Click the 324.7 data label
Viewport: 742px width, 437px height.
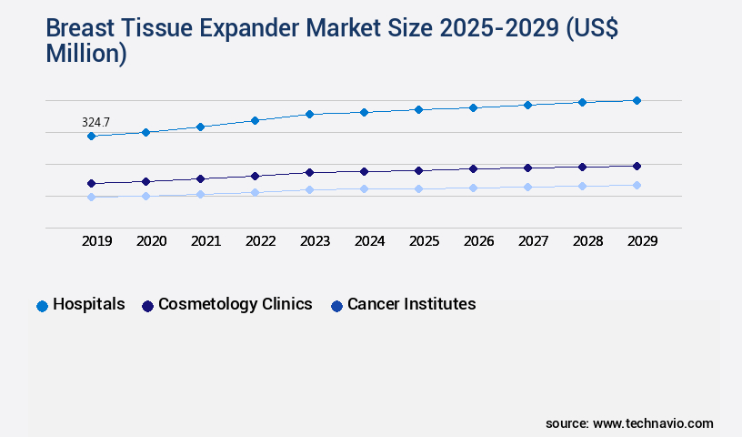coord(95,121)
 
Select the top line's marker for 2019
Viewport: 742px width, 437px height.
coord(91,136)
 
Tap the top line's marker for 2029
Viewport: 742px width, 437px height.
coord(637,100)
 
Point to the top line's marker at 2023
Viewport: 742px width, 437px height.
coord(309,114)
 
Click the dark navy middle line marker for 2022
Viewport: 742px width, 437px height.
coord(255,176)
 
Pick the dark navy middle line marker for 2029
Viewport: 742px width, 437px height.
coord(637,166)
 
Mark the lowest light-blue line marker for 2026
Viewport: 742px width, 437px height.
coord(473,188)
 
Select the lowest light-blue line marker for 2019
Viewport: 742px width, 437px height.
coord(91,197)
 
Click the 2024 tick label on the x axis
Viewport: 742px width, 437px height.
coord(369,241)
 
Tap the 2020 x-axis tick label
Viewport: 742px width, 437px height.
coord(151,241)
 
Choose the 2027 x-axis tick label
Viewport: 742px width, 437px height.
coord(533,241)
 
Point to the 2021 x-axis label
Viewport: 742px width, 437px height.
coord(206,241)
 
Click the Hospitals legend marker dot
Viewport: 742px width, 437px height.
coord(42,306)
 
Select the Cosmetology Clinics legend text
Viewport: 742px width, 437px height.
coord(235,305)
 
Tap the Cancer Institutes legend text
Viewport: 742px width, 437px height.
coord(411,305)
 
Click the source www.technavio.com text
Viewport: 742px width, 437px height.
coord(629,423)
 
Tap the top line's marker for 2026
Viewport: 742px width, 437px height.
coord(473,107)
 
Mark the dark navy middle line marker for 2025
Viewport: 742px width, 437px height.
coord(418,170)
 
